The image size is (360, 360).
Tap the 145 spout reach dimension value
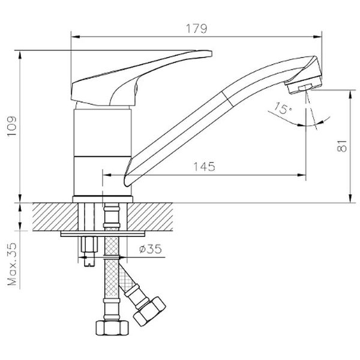[x=205, y=167]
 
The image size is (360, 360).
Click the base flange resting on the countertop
[x=103, y=198]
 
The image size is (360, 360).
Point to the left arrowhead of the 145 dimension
[x=107, y=175]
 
